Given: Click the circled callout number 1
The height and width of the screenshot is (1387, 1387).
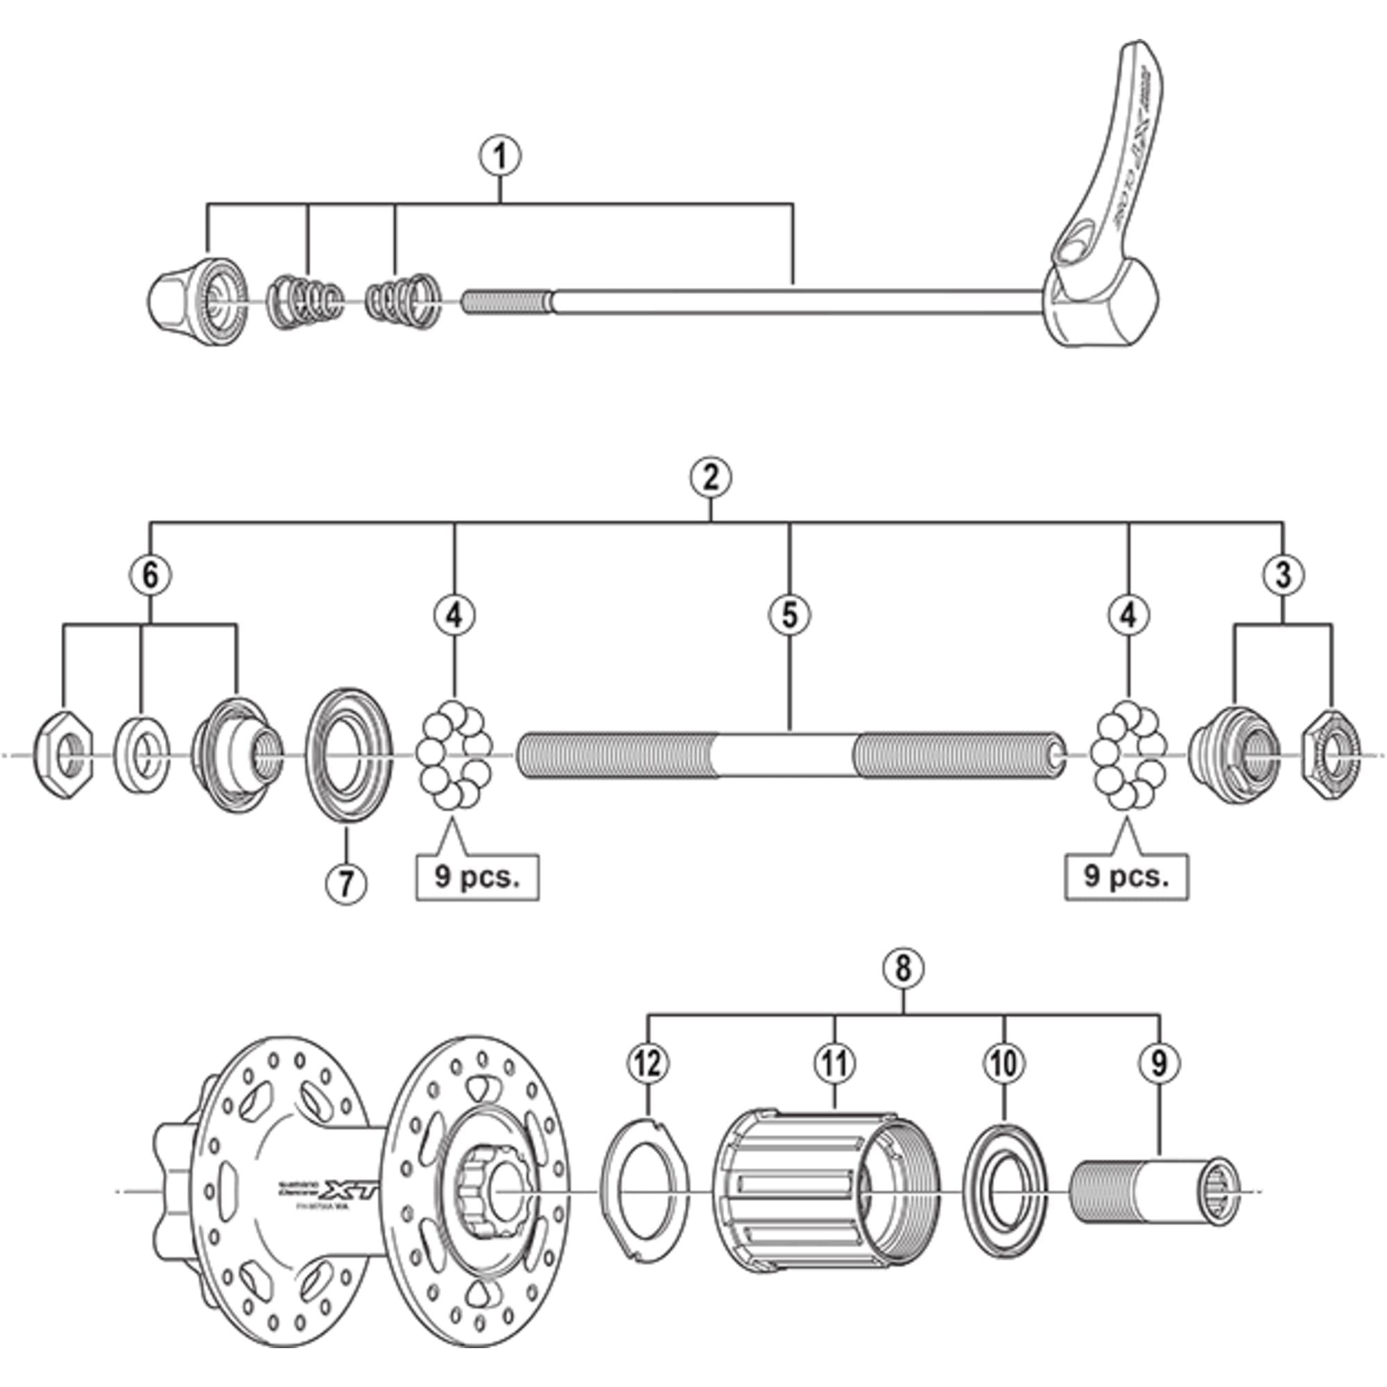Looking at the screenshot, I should (501, 157).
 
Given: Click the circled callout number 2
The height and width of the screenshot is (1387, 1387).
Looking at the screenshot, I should (711, 477).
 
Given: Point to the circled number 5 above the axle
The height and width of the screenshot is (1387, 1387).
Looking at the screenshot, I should (789, 614).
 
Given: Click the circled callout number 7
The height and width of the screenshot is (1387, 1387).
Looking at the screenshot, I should (346, 883).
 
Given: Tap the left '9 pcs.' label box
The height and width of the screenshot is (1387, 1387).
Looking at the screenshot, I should (477, 877).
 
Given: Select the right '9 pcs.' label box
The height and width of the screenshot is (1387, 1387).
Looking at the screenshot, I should (1126, 877).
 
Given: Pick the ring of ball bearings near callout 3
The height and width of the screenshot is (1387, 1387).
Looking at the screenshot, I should (1128, 755).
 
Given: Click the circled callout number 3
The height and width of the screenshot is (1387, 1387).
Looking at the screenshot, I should (1283, 574).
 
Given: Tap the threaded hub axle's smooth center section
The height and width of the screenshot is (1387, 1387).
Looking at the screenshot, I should (786, 755).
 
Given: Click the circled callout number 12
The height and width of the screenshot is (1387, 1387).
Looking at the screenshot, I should (648, 1062).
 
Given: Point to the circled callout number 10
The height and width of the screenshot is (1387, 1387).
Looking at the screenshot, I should (1003, 1062).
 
